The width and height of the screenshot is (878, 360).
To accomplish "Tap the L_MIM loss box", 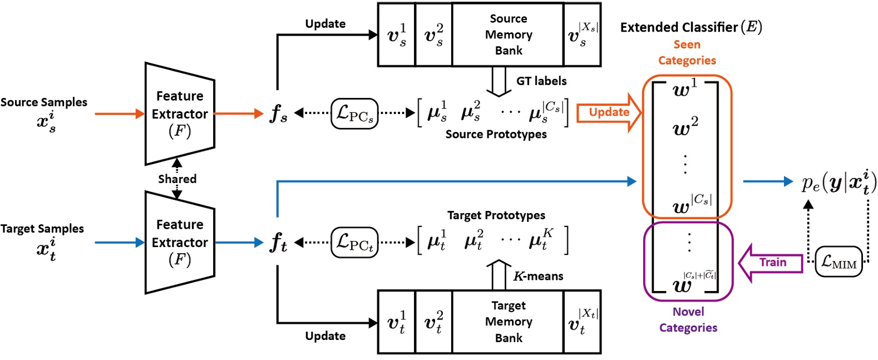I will click(839, 262).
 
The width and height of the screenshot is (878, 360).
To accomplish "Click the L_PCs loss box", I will click(354, 114).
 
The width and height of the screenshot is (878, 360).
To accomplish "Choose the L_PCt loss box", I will click(354, 242).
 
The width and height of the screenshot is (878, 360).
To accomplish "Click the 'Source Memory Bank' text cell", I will click(508, 34).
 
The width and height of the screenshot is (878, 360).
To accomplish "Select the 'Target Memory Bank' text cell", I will click(508, 322).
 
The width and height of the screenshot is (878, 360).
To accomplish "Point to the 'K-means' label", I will click(537, 276).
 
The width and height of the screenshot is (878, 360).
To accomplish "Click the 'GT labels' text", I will click(541, 81).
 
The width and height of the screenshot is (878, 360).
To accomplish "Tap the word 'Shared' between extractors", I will click(177, 179).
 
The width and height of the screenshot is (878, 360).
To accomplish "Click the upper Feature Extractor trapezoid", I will click(179, 114).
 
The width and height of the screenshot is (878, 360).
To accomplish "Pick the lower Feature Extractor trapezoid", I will click(179, 242).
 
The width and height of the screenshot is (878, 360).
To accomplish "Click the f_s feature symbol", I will click(278, 114).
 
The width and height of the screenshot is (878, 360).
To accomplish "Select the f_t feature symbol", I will click(278, 242).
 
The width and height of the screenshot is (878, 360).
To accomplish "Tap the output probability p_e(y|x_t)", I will click(838, 182).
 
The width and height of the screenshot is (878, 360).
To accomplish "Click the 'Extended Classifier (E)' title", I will click(690, 27).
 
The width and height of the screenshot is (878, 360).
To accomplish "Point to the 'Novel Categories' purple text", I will click(688, 319).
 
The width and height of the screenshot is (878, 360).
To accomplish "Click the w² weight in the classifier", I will click(685, 127).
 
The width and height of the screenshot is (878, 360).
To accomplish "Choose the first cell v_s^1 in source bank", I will click(397, 34).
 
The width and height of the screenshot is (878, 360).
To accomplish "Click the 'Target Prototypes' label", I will click(496, 215).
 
